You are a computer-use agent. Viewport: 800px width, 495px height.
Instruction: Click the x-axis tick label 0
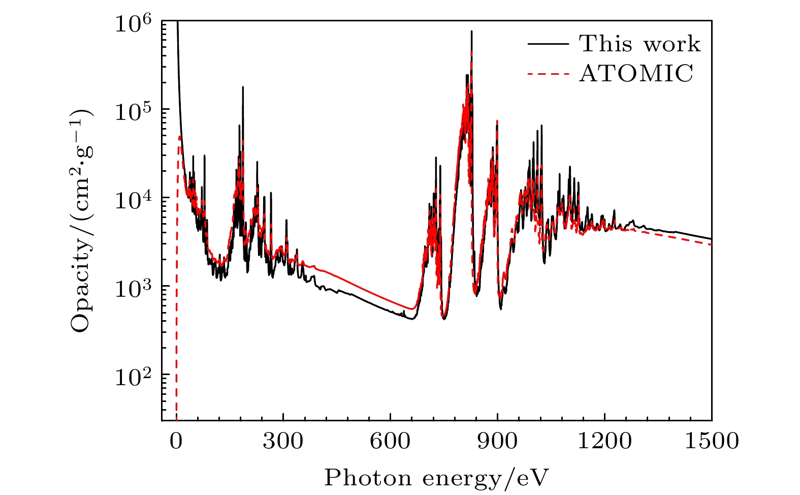click(x=176, y=441)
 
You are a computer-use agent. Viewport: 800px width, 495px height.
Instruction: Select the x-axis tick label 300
click(x=283, y=441)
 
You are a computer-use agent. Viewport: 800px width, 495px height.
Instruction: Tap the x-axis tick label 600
click(x=390, y=441)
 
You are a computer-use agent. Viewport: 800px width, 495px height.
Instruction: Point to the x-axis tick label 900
click(x=498, y=441)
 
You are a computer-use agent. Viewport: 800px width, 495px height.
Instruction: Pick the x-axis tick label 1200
click(x=605, y=441)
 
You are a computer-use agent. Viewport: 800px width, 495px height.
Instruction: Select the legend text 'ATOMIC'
click(x=636, y=74)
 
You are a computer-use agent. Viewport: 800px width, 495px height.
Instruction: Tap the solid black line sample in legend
click(x=548, y=44)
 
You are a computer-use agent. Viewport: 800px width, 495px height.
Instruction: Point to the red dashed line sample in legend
click(x=548, y=74)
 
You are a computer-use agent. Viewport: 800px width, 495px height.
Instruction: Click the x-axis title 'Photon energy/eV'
click(x=437, y=478)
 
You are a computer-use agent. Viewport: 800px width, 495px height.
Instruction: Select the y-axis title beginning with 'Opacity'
click(x=81, y=221)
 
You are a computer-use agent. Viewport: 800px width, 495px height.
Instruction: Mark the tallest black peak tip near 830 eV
click(x=471, y=32)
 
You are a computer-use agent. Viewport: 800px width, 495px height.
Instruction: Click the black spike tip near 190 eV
click(x=243, y=87)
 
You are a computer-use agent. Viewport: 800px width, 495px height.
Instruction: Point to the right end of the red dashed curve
click(x=711, y=244)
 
